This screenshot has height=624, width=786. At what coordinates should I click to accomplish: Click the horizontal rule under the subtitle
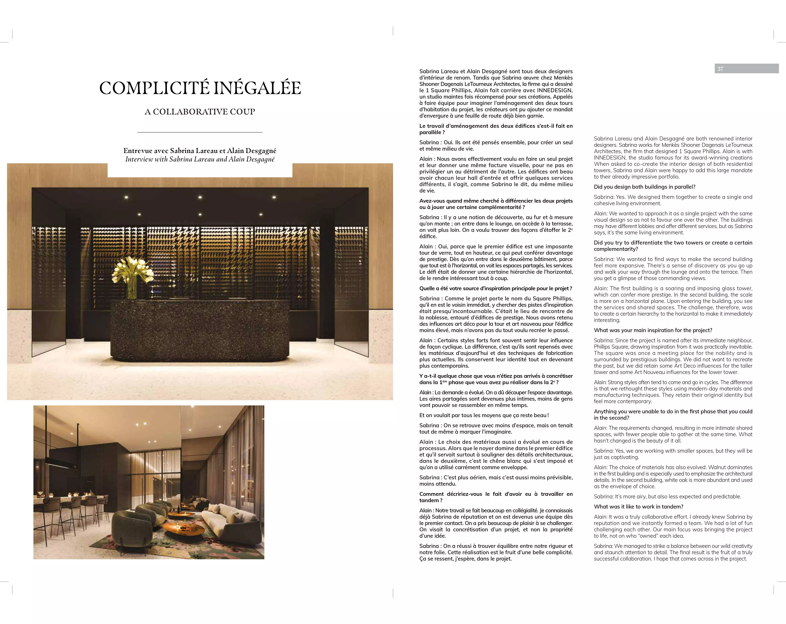200,132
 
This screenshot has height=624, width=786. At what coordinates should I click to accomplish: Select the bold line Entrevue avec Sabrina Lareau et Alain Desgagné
200,151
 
